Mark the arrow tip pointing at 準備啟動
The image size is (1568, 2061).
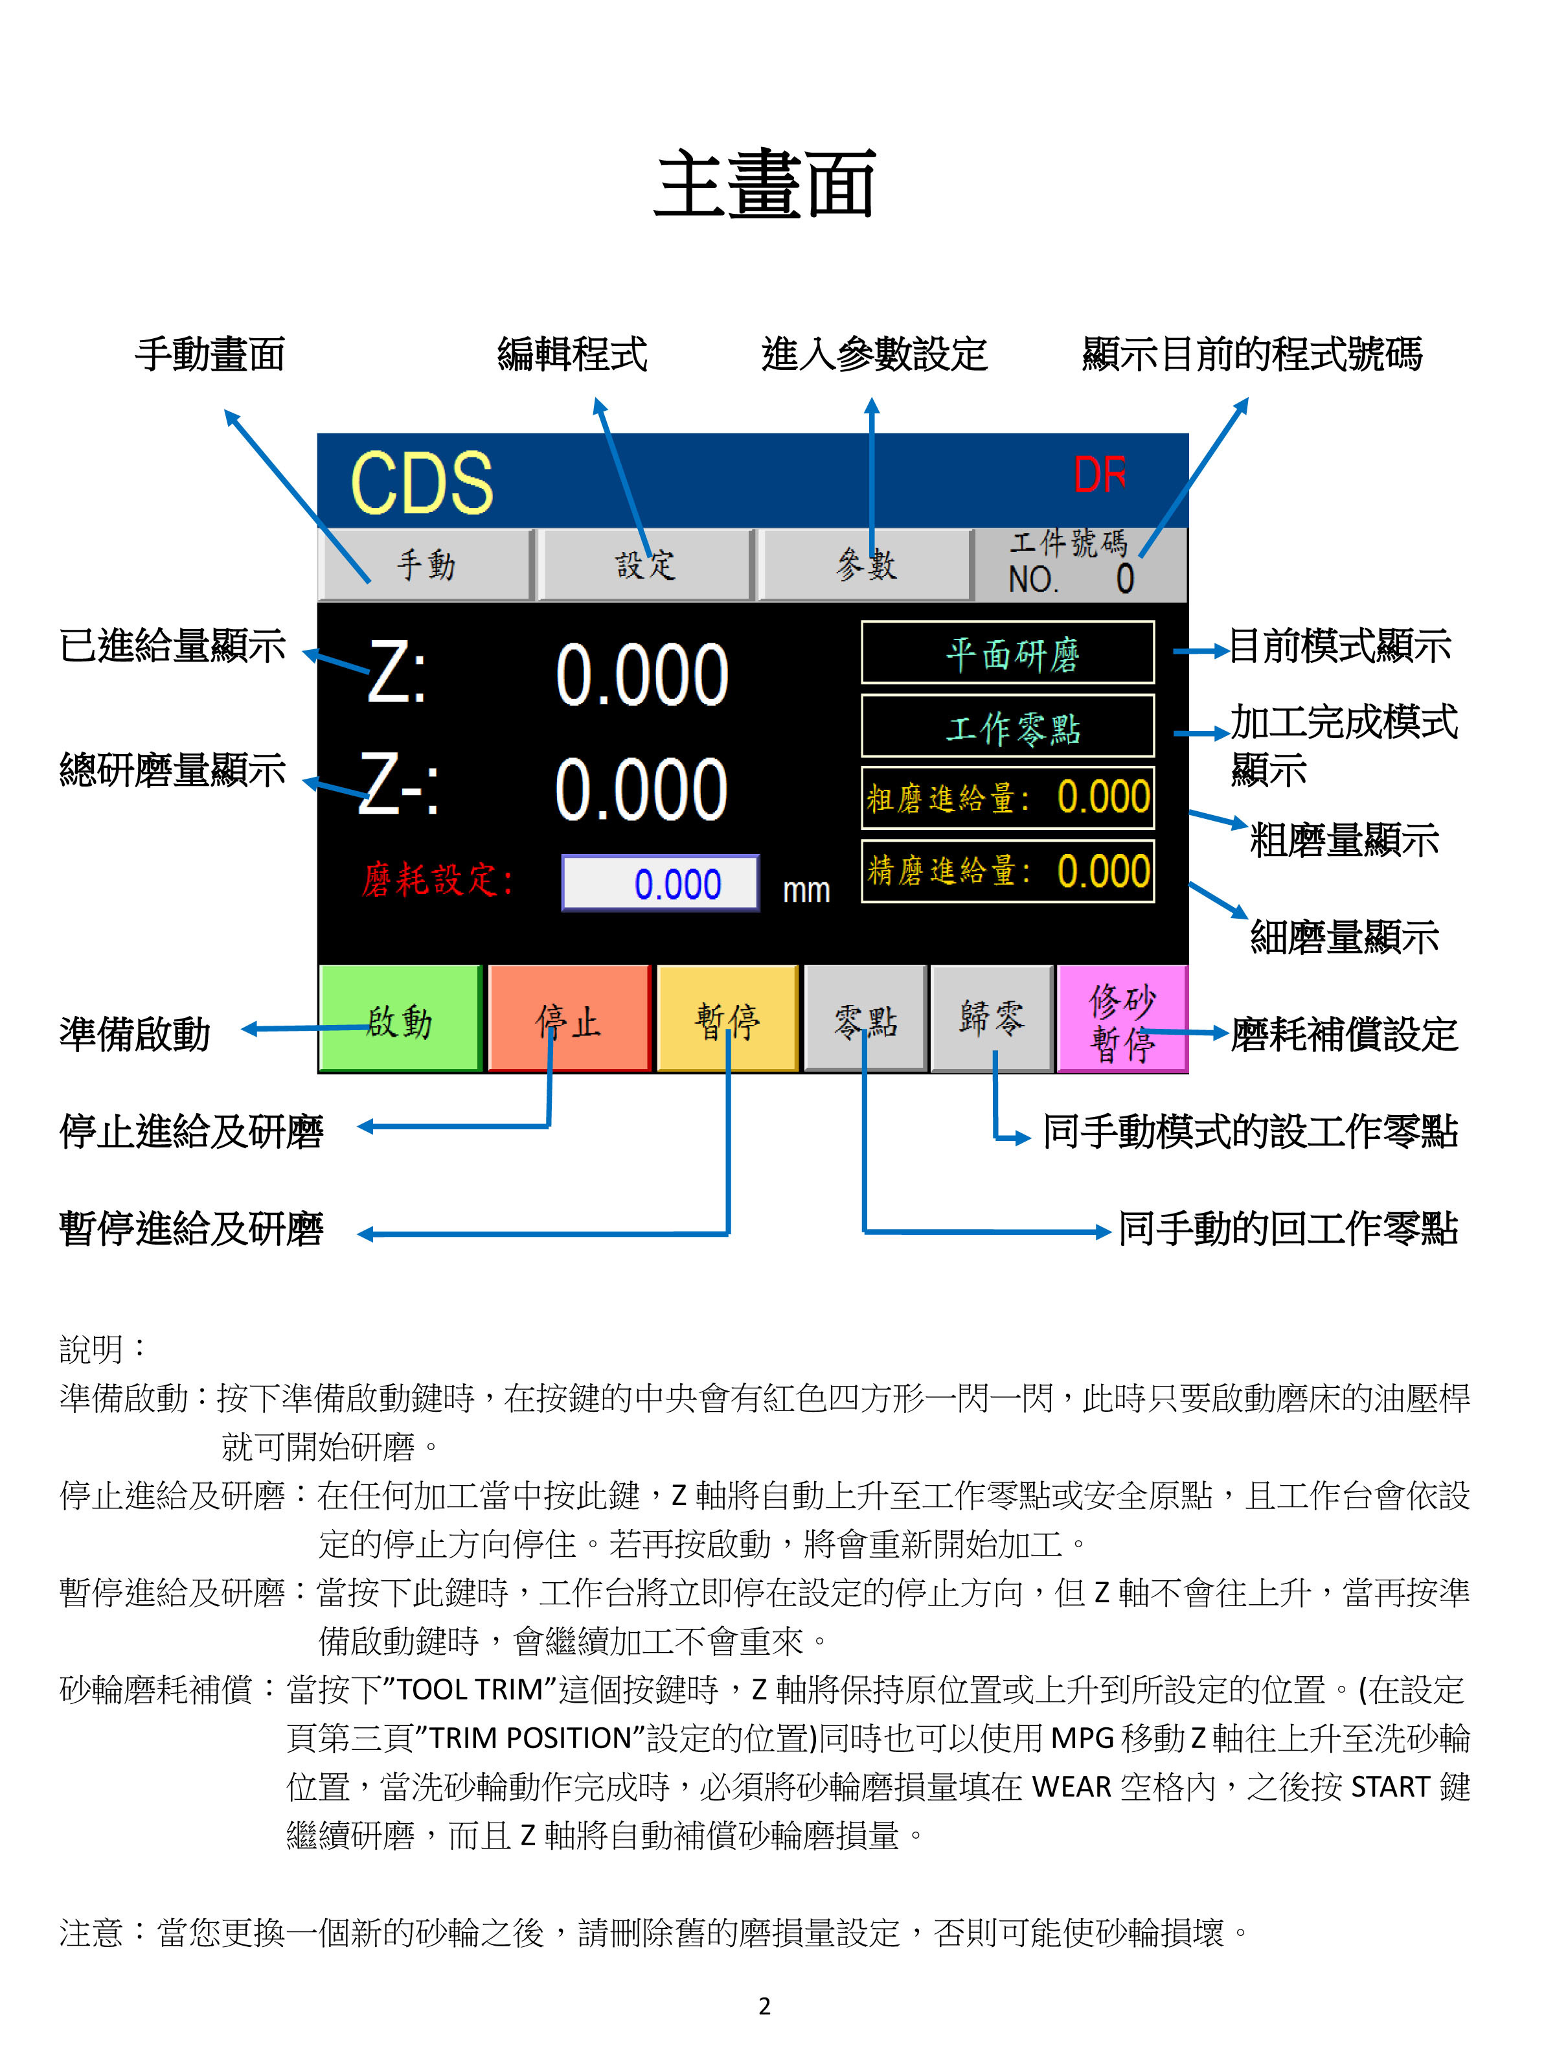point(242,1030)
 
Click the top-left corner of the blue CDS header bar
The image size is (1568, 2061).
point(318,434)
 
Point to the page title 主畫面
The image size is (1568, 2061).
point(766,184)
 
